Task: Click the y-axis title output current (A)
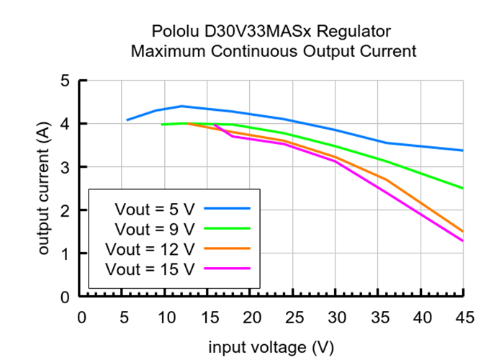[44, 189]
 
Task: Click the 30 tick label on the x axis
[336, 318]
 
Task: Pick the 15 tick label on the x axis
[209, 318]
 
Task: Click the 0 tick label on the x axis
[81, 318]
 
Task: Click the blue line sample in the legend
[227, 208]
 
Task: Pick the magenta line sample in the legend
[227, 269]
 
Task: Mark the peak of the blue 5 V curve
[181, 106]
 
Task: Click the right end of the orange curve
[463, 231]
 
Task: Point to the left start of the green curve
[162, 125]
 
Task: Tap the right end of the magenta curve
[463, 241]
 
